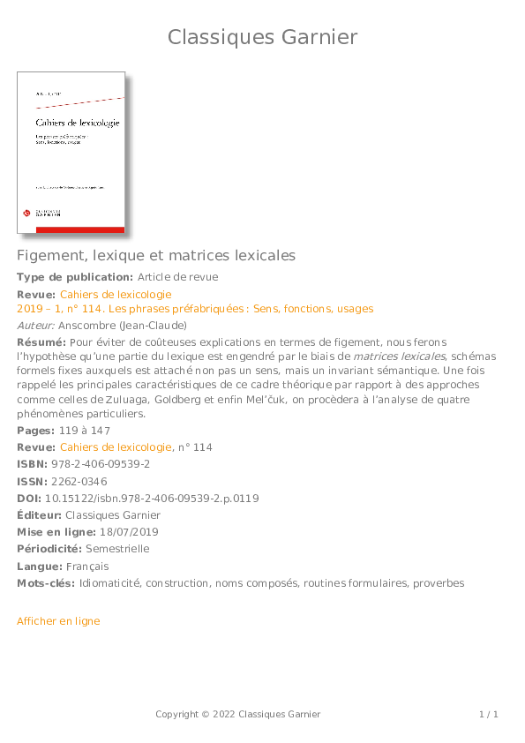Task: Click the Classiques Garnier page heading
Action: pos(262,37)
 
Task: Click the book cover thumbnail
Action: pos(71,153)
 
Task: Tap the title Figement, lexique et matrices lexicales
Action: pos(156,255)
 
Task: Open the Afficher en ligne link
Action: pos(58,621)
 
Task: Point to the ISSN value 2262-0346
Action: pos(79,481)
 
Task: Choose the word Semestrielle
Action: pos(117,549)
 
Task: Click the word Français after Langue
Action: pos(86,567)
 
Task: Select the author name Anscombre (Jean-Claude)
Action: pos(123,326)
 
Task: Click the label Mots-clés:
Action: pos(46,583)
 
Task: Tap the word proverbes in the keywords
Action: pos(439,583)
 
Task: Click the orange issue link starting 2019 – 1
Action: pos(195,309)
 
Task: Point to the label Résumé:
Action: pos(41,342)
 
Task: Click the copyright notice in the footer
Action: pos(238,714)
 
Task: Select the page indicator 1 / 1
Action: pos(489,714)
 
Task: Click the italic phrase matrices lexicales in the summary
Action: pos(401,356)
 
